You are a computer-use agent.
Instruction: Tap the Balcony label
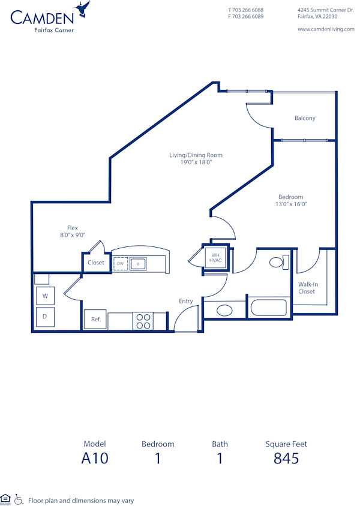pyautogui.click(x=305, y=118)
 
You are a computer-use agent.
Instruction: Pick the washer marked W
pyautogui.click(x=45, y=296)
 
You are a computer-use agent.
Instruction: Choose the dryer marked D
pyautogui.click(x=45, y=316)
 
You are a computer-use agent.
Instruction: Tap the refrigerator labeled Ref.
pyautogui.click(x=95, y=320)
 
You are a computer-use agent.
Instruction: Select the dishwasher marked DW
pyautogui.click(x=121, y=263)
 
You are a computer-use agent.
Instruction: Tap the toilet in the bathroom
pyautogui.click(x=278, y=263)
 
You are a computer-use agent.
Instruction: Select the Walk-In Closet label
pyautogui.click(x=307, y=288)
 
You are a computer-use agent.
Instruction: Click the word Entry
pyautogui.click(x=186, y=301)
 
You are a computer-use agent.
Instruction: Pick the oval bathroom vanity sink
pyautogui.click(x=224, y=310)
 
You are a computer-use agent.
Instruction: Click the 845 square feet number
pyautogui.click(x=286, y=459)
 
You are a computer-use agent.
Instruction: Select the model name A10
pyautogui.click(x=95, y=459)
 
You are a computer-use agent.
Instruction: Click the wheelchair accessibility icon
pyautogui.click(x=19, y=499)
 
